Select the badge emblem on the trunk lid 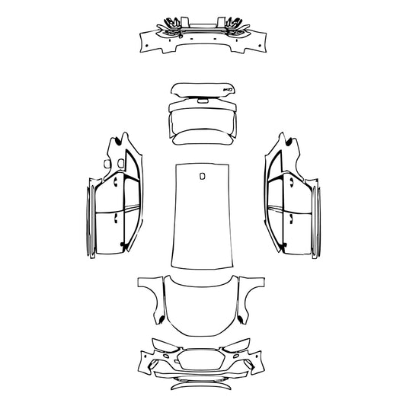(x=226, y=90)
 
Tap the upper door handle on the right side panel (x=291, y=183)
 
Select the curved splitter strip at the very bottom (x=203, y=386)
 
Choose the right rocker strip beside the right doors (x=318, y=221)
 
